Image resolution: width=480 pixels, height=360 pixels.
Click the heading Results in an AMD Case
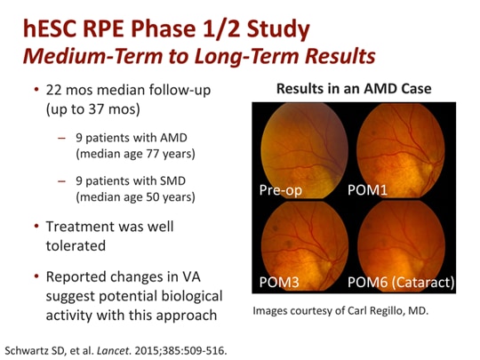coord(353,89)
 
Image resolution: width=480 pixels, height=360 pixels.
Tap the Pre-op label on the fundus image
coord(283,190)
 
